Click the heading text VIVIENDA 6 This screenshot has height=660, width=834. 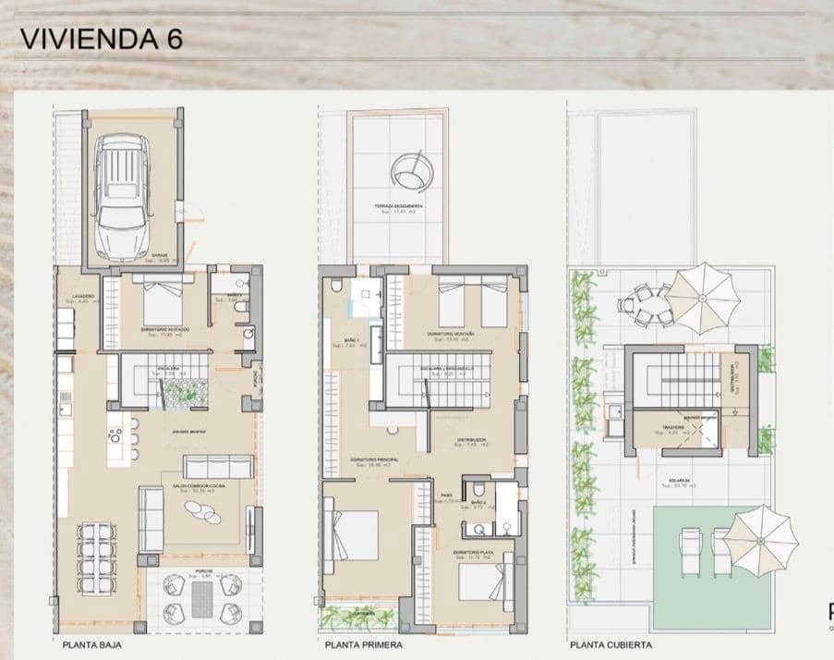[x=101, y=39]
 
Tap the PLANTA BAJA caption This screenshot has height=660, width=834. [x=91, y=645]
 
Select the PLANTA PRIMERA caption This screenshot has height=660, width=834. [x=360, y=645]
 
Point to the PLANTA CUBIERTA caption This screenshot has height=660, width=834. [x=610, y=645]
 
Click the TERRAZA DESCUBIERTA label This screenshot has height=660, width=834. [x=399, y=205]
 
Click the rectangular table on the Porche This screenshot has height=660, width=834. [x=202, y=599]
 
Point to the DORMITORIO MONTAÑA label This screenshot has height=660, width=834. [x=451, y=334]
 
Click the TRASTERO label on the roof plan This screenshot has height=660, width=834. [x=673, y=428]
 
